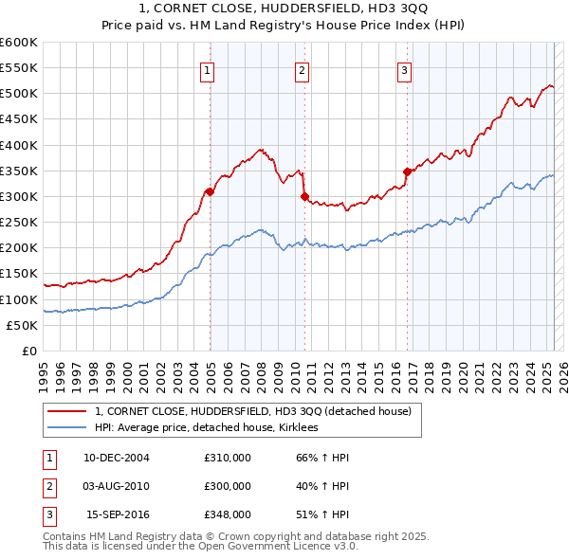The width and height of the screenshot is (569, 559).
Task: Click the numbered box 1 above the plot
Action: click(x=207, y=69)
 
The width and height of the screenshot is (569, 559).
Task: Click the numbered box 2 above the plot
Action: click(x=302, y=69)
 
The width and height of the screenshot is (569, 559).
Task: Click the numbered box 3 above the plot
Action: click(x=404, y=69)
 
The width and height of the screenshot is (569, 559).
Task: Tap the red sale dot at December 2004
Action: click(x=209, y=191)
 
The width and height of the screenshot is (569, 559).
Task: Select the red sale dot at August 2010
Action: click(x=304, y=197)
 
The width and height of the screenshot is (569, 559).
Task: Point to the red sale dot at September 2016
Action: click(x=407, y=171)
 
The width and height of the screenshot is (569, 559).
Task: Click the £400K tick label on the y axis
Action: click(x=19, y=145)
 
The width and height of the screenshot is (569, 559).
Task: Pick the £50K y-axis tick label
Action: click(x=22, y=325)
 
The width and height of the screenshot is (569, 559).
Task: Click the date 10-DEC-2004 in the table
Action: click(x=117, y=458)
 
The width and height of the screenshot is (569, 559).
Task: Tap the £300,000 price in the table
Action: click(x=228, y=486)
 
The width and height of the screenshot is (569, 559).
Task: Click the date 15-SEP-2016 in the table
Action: click(x=117, y=514)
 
